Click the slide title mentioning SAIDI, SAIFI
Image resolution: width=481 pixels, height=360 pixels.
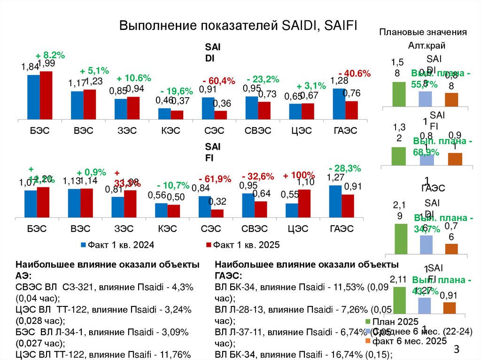pos(238,26)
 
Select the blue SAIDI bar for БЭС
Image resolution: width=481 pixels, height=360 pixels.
pos(33,96)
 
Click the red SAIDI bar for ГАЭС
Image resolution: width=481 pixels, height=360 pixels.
pos(351,110)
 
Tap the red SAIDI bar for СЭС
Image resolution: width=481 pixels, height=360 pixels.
pos(220,115)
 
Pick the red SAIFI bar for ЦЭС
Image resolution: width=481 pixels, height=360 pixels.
pos(304,203)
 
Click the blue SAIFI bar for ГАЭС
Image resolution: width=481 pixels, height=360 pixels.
pos(335,201)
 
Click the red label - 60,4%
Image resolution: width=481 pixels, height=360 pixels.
pos(219,81)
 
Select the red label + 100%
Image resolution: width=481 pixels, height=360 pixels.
pos(299,176)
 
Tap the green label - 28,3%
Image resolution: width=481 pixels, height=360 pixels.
pos(345,168)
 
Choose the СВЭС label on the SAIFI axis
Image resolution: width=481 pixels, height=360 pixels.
pos(255,229)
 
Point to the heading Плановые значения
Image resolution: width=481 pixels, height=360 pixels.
pos(423,32)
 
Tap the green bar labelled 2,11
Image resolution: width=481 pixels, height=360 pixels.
pos(399,300)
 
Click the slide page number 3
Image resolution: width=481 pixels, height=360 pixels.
pos(456,350)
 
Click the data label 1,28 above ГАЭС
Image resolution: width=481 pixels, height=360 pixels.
pos(339,81)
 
